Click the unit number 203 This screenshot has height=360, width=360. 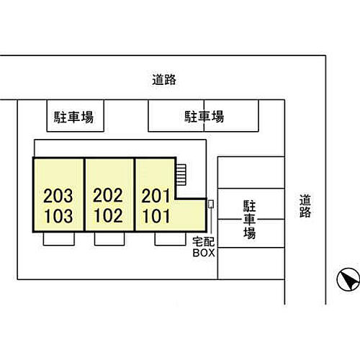(58, 196)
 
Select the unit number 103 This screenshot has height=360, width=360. (59, 216)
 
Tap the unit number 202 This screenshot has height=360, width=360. (108, 195)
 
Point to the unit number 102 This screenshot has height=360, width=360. (109, 215)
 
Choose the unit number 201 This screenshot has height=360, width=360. (156, 196)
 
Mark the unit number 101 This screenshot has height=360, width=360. (156, 216)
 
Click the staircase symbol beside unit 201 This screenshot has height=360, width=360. (181, 175)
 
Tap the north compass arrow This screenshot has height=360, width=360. (348, 279)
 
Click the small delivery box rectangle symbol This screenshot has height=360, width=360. (211, 204)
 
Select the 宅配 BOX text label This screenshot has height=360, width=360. (204, 247)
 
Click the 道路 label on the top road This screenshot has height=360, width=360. (164, 80)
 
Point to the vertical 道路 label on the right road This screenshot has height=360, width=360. (305, 206)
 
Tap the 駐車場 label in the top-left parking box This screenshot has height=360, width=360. (73, 117)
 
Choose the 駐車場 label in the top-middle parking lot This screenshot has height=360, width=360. (204, 117)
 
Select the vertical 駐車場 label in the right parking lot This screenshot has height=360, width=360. (250, 220)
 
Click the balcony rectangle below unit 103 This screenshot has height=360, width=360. (59, 239)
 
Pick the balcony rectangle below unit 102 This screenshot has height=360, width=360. (109, 239)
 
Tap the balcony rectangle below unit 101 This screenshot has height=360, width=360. (171, 239)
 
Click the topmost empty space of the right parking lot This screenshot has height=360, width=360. (251, 173)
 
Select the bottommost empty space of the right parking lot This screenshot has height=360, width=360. (251, 264)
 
